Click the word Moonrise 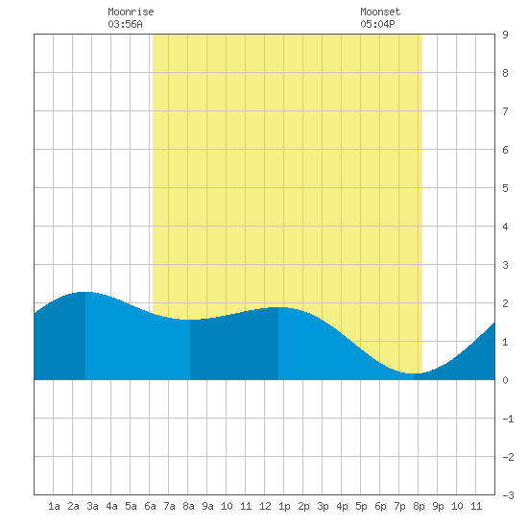pos(131,12)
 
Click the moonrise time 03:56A pos(125,24)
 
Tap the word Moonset pos(380,12)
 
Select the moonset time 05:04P pos(377,24)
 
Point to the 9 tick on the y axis pos(505,35)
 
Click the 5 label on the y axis pos(505,188)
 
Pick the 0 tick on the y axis pos(505,380)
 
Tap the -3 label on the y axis pos(508,495)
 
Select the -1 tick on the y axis pos(508,419)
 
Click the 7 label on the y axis pos(505,111)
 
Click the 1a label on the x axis pos(54,506)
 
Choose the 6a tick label pos(150,506)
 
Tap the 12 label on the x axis pos(265,506)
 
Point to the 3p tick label pos(323,506)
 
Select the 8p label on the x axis pos(419,506)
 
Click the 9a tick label pos(207,506)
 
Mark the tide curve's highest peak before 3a pos(85,292)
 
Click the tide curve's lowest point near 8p pos(414,373)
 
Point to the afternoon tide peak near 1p pos(278,307)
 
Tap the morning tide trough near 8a pos(190,320)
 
